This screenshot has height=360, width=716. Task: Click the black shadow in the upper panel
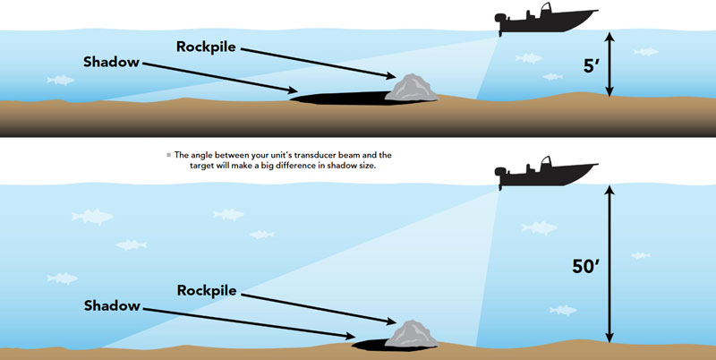tap(340, 97)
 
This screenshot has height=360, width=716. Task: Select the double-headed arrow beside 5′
tap(610, 64)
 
